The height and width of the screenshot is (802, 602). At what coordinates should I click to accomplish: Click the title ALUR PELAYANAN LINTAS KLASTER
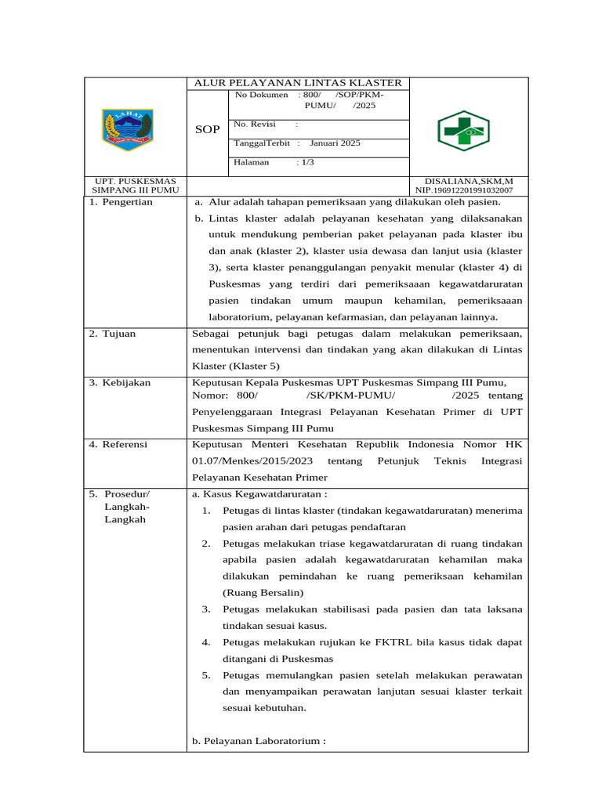298,83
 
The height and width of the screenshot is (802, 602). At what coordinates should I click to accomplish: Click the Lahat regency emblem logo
128,130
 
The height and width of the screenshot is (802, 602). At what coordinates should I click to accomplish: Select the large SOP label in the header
208,130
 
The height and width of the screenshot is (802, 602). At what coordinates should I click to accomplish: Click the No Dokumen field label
261,95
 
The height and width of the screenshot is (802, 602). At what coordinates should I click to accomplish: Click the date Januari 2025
335,143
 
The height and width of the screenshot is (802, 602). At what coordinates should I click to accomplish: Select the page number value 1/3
306,162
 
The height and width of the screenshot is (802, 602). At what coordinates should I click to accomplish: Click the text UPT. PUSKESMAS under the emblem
135,181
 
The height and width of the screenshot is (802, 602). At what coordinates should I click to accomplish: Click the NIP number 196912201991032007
464,190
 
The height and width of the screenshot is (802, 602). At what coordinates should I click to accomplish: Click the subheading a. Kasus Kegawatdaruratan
259,494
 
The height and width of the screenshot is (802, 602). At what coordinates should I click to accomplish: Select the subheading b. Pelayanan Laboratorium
258,740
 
